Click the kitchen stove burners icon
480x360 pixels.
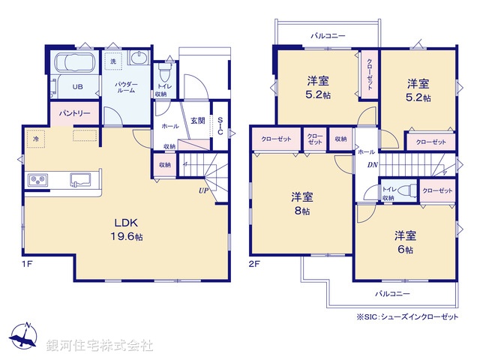click(x=38, y=180)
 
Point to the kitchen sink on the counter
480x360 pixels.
click(x=80, y=180)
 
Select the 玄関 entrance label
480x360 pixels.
click(x=198, y=121)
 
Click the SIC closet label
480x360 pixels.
click(x=220, y=126)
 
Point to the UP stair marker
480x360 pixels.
click(x=203, y=191)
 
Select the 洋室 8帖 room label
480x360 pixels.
click(x=302, y=203)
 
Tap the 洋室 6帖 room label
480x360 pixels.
click(x=405, y=241)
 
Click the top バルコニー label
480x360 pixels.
click(x=327, y=34)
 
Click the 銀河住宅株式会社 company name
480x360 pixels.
click(x=99, y=346)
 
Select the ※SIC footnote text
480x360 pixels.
click(x=407, y=318)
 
